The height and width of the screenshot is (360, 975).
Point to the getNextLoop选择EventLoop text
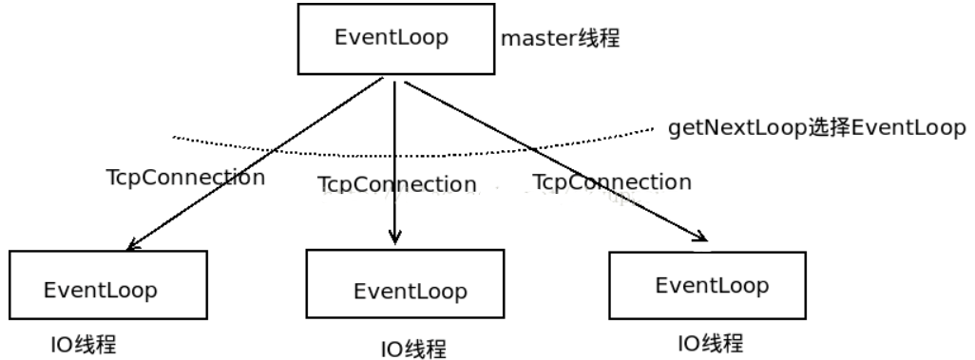point(816,128)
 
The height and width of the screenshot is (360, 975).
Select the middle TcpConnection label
point(396,183)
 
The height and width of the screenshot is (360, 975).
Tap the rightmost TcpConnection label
point(612,180)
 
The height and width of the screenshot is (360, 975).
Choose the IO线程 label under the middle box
point(412,349)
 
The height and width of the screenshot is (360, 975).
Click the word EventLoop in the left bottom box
point(100,289)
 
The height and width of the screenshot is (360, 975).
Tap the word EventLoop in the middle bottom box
point(411,291)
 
